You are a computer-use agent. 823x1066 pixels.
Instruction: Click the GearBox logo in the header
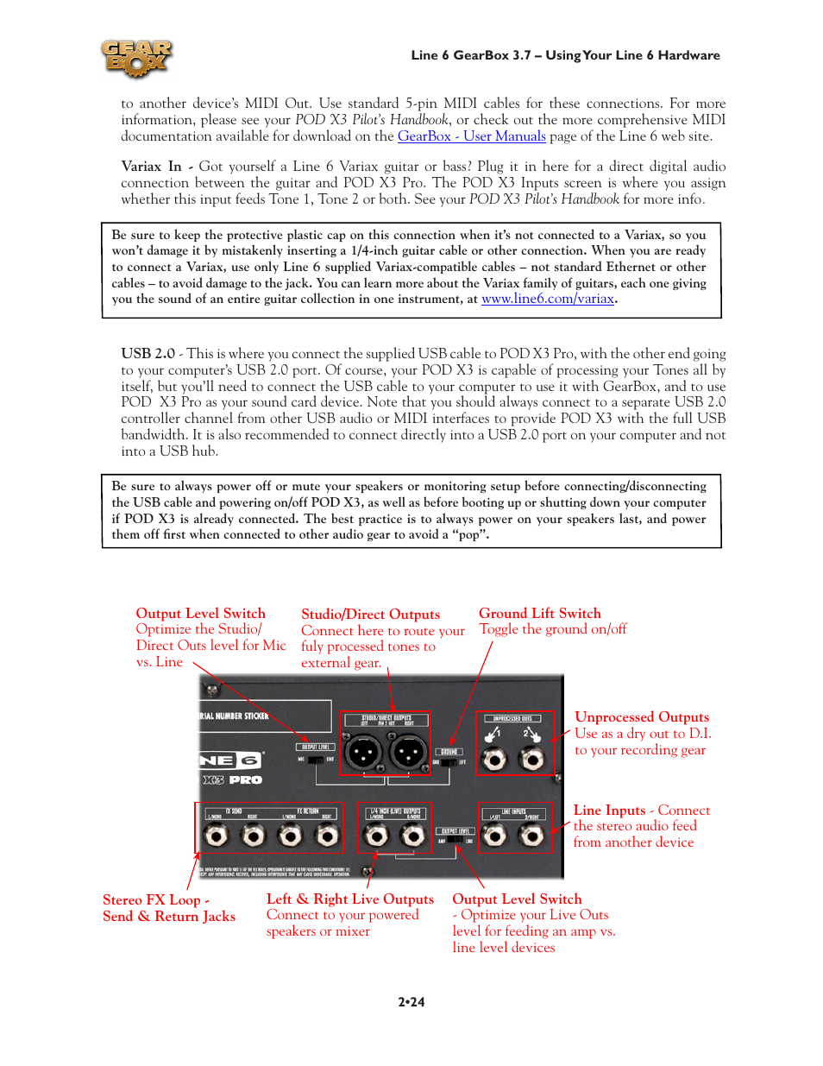coord(136,58)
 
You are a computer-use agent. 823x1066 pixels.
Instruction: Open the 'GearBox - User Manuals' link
coord(471,136)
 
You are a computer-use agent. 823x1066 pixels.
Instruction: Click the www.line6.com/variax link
coord(548,299)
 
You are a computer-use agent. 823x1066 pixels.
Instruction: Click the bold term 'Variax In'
coord(151,167)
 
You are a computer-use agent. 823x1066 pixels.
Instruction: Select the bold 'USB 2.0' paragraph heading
coord(148,354)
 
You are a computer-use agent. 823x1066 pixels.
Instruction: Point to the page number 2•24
coord(411,1002)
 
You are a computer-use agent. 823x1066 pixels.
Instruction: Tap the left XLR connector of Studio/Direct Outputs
coord(363,752)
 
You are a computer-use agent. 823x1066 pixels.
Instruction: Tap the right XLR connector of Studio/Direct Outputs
coord(407,752)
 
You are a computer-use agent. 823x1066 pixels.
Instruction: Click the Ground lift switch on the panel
coord(449,762)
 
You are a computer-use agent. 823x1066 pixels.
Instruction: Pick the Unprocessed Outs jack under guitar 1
coord(493,760)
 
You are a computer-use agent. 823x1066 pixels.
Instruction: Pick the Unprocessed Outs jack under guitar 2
coord(532,760)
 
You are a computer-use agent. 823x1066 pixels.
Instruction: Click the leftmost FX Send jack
coord(216,836)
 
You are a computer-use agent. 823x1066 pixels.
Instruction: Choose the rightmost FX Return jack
coord(327,836)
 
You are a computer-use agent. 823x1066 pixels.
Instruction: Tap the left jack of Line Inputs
coord(493,836)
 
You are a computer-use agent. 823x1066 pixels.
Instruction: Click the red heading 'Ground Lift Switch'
coord(540,614)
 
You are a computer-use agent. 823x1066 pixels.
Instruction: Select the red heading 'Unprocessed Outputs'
coord(642,717)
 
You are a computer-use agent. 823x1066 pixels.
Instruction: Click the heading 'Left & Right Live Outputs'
coord(349,899)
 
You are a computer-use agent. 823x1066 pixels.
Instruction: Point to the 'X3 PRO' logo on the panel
coord(232,780)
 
